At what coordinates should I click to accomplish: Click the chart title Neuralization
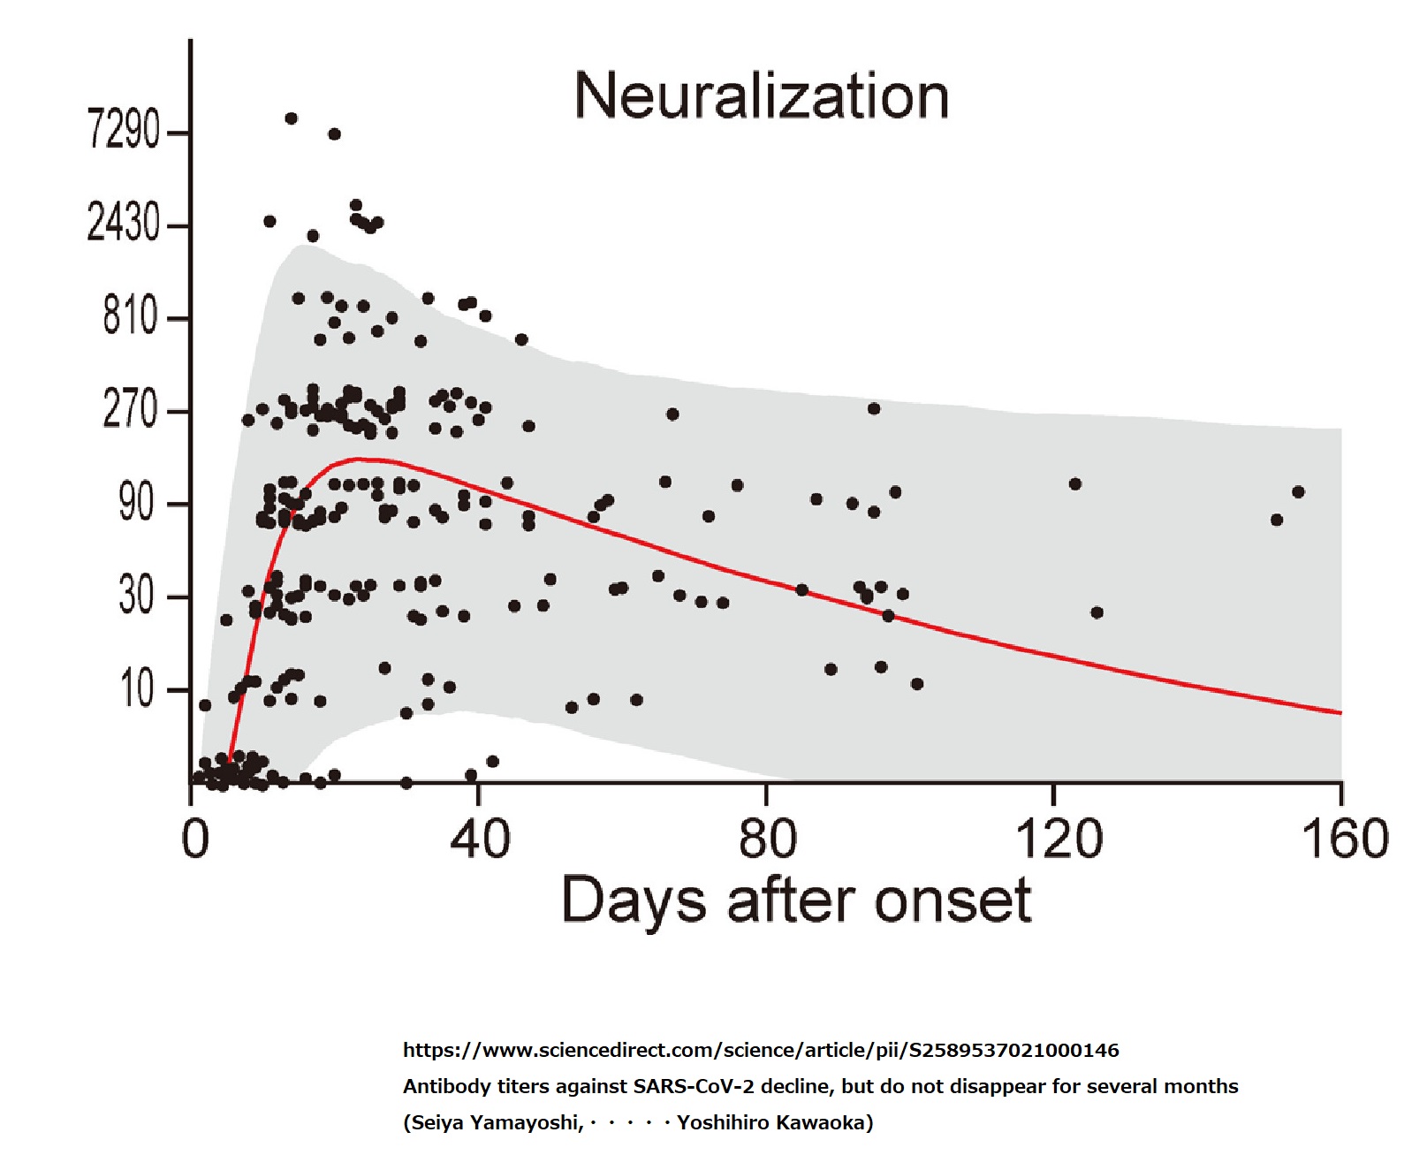click(762, 95)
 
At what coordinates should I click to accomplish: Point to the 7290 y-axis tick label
click(124, 130)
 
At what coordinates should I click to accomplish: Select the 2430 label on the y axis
click(124, 223)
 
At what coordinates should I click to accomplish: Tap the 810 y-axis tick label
click(131, 315)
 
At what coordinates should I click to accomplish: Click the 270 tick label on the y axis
click(130, 409)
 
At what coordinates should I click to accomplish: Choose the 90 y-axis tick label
click(137, 503)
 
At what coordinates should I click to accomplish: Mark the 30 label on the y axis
click(137, 596)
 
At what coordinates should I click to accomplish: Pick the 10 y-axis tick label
click(138, 688)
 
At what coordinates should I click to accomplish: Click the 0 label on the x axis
click(195, 839)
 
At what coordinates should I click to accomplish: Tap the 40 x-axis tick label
click(480, 839)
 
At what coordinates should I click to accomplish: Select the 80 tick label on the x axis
click(767, 839)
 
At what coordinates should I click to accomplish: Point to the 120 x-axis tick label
click(1059, 839)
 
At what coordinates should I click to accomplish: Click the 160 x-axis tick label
click(1345, 839)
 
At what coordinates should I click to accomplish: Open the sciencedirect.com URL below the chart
click(761, 1050)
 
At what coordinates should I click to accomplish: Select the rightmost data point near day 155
click(1298, 492)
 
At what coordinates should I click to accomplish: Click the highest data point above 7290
click(291, 118)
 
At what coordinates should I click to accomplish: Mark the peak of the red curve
click(358, 459)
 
